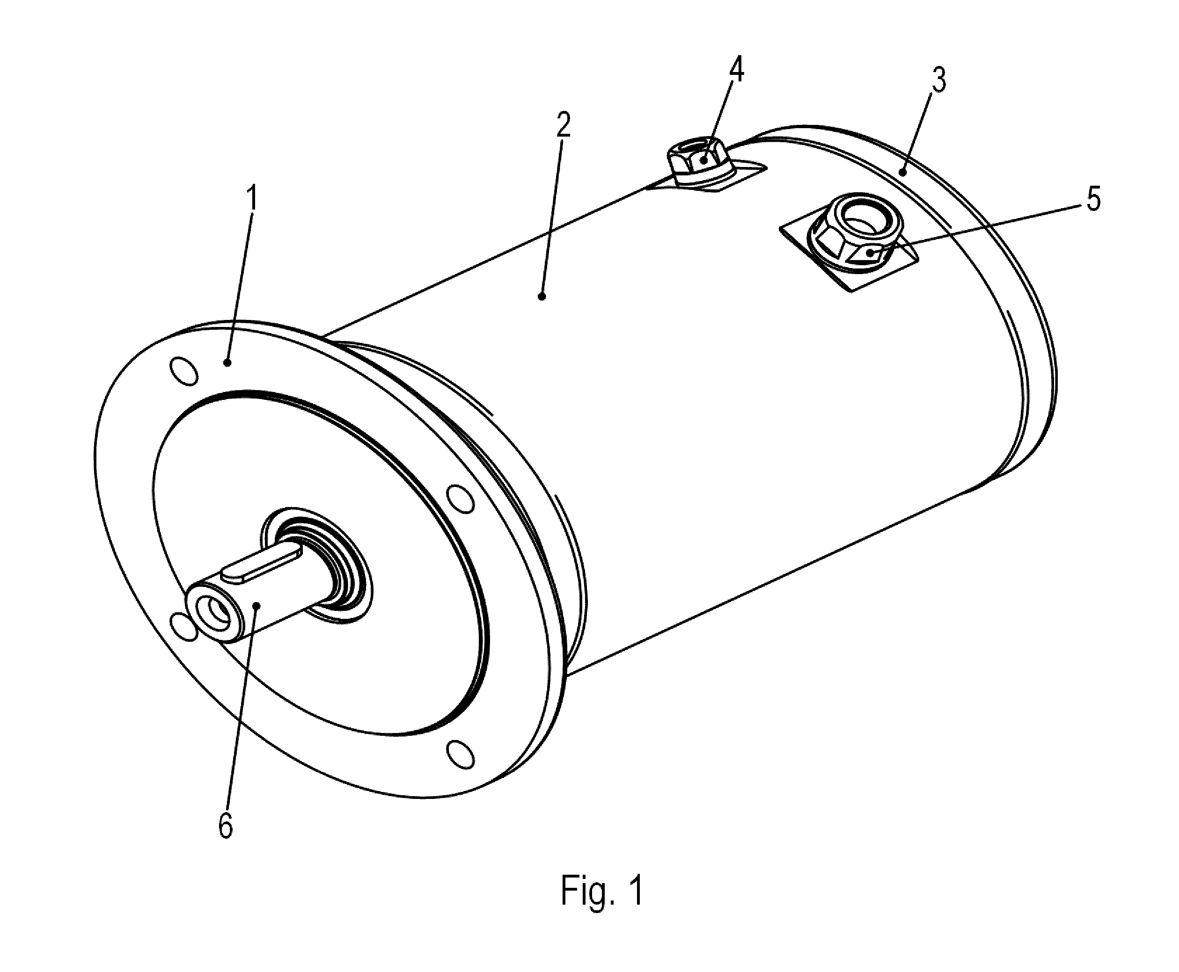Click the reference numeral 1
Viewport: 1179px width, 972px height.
(x=253, y=198)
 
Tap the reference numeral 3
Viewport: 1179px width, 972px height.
(x=939, y=80)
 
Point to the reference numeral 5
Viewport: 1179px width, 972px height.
(x=1093, y=199)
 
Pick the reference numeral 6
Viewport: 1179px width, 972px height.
(x=226, y=825)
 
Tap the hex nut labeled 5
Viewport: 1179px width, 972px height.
(x=853, y=232)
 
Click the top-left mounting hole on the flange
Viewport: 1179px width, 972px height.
(x=183, y=370)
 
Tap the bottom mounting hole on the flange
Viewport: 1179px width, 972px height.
(x=461, y=754)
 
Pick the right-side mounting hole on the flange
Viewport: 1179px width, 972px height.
(x=461, y=500)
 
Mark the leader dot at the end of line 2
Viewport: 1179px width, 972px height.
(x=542, y=296)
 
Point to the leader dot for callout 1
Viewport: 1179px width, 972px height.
(x=227, y=363)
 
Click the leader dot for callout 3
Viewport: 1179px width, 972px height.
(x=903, y=173)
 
